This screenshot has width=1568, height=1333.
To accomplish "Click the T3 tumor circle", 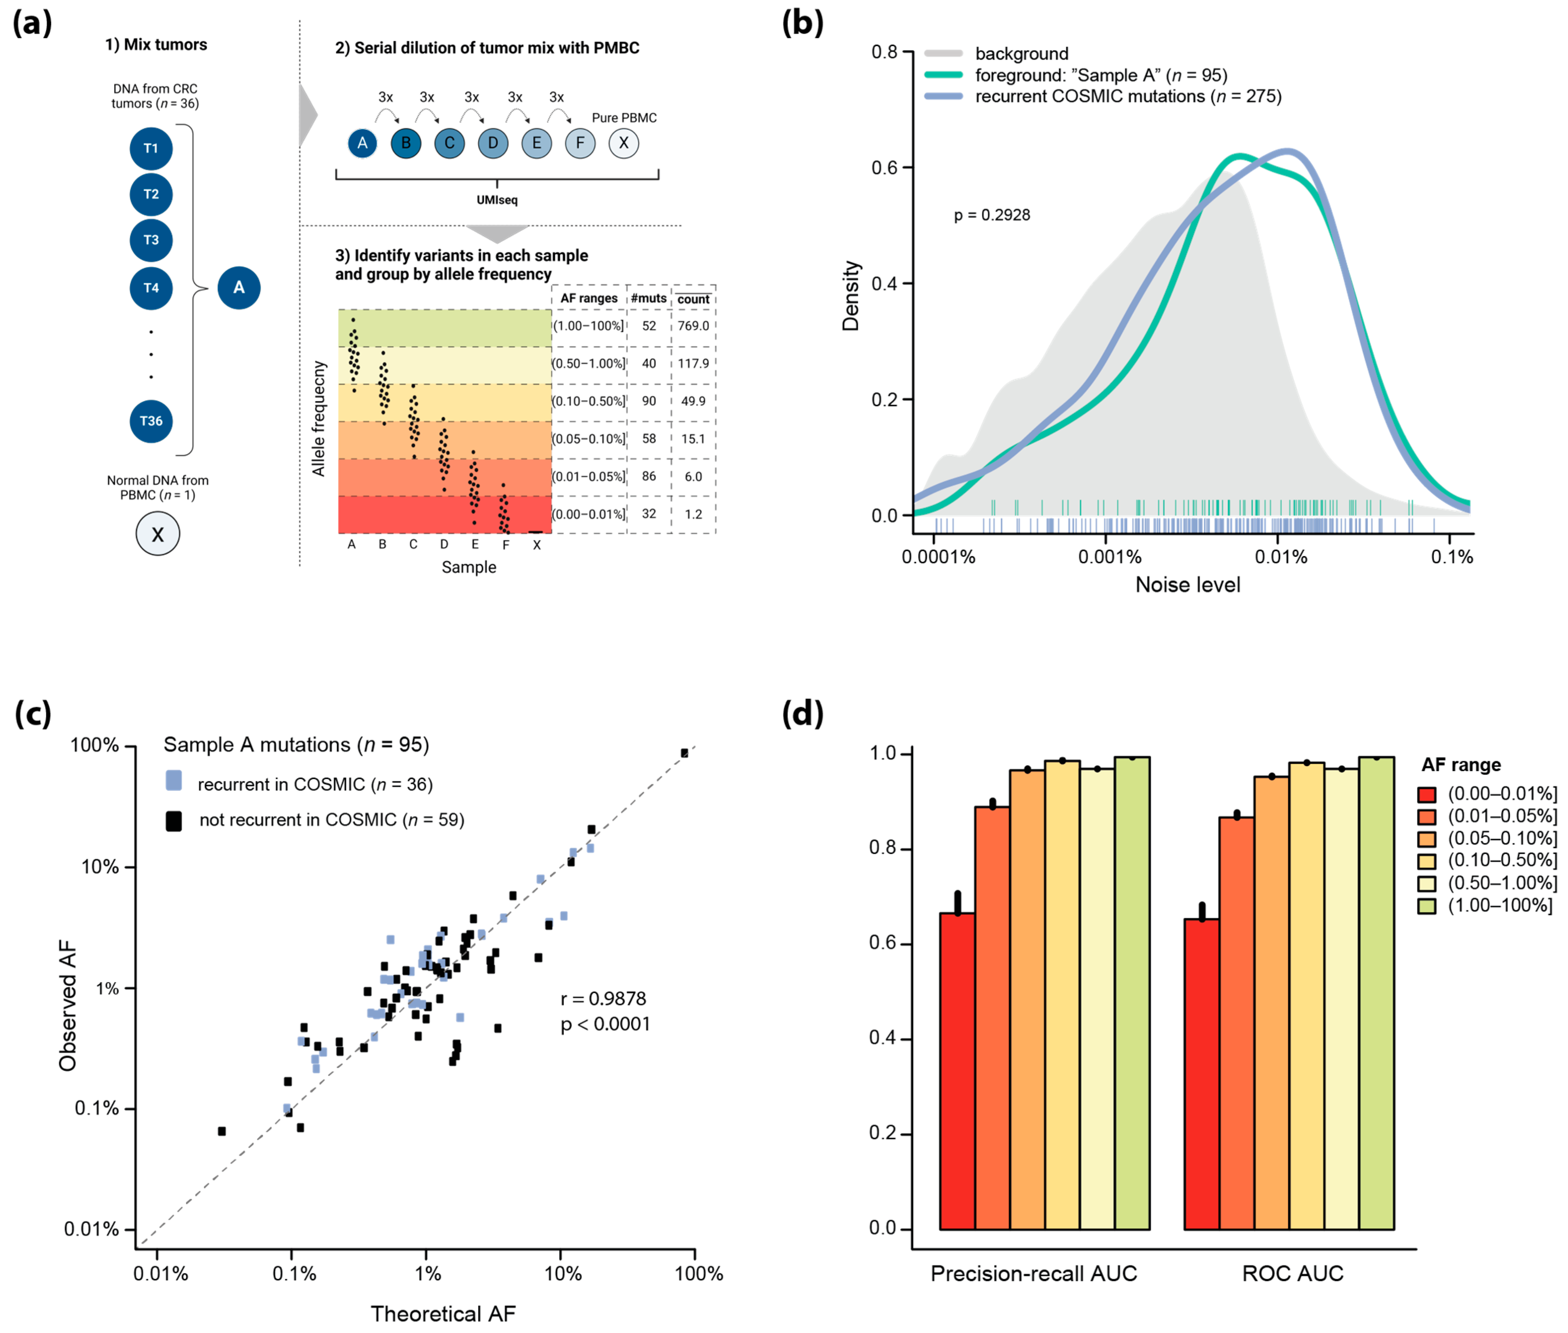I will (151, 240).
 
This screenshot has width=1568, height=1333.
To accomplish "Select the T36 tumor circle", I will (151, 421).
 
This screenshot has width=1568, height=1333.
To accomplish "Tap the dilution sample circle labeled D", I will (493, 143).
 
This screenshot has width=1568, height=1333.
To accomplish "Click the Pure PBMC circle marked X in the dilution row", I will (623, 143).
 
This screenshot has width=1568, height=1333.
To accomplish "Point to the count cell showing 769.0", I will (693, 326).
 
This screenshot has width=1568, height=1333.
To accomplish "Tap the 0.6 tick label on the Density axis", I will (884, 168).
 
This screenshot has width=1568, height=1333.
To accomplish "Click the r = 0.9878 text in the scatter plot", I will (603, 999).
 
